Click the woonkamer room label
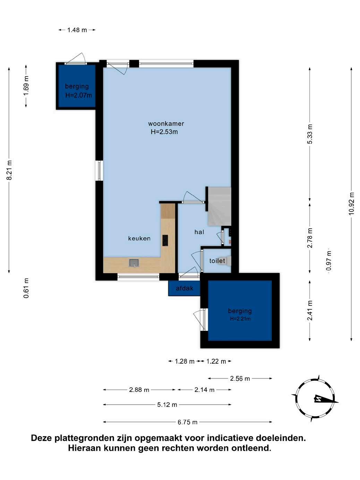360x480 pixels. coord(166,123)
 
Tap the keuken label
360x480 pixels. coord(139,238)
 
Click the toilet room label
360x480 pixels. coord(217,261)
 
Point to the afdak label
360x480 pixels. coord(185,289)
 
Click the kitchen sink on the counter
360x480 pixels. coord(134,263)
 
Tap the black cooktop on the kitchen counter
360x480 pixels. coord(165,240)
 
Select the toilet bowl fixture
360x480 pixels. coord(227,261)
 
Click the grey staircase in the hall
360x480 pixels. coord(219,206)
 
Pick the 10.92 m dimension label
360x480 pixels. coord(351,204)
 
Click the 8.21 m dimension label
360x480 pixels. coord(9,170)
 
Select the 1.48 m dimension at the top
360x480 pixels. coord(77,30)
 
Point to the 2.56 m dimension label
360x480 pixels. coord(240,378)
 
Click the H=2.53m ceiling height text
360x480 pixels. coord(164,132)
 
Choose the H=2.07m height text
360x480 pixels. coord(78,95)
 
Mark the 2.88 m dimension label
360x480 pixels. coord(139,390)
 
